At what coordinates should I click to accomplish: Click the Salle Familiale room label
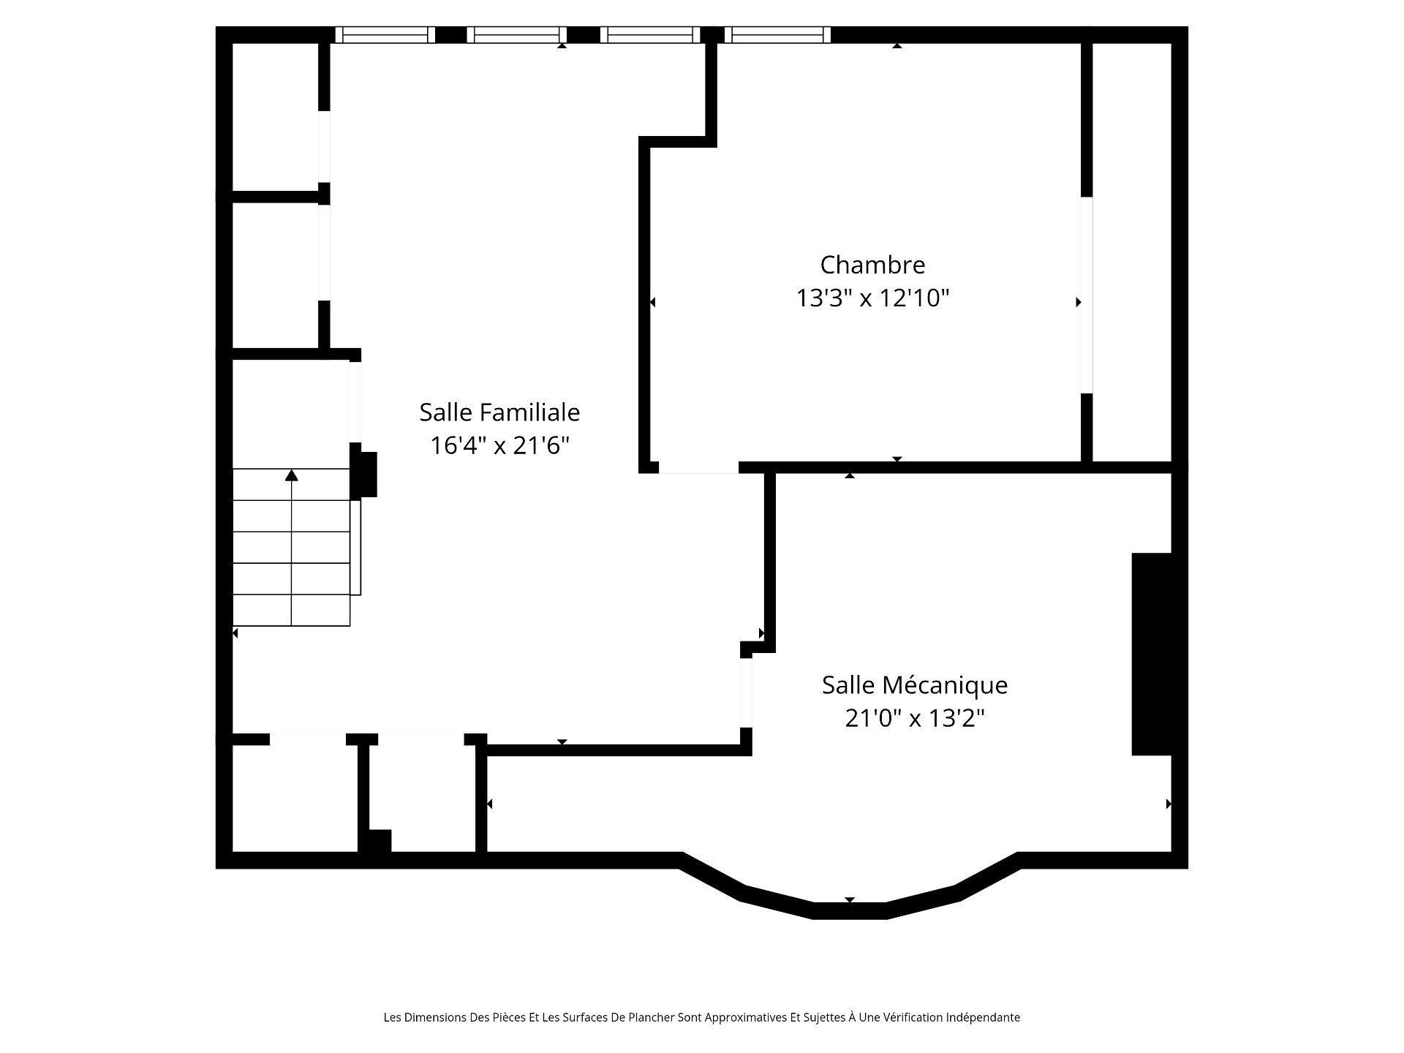[499, 412]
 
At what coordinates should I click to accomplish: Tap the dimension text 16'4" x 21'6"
[499, 445]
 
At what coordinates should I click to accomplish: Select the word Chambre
[872, 265]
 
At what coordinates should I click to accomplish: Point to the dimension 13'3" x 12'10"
[872, 298]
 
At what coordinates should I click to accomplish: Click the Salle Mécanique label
[915, 685]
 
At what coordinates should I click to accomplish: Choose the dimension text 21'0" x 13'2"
[915, 719]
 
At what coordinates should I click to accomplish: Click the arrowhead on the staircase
[292, 475]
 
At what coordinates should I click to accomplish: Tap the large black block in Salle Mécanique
[1152, 654]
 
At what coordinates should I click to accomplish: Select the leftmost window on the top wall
[385, 34]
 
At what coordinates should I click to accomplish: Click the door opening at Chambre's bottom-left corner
[698, 468]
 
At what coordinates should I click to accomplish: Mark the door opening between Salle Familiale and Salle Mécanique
[746, 692]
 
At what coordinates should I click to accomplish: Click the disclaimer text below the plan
[701, 1017]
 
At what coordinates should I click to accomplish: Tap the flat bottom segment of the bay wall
[850, 910]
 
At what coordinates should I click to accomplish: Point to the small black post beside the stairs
[365, 475]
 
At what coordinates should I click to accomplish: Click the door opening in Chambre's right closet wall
[1087, 295]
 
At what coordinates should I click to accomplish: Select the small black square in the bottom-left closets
[379, 841]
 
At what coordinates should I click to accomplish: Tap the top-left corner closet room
[275, 117]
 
